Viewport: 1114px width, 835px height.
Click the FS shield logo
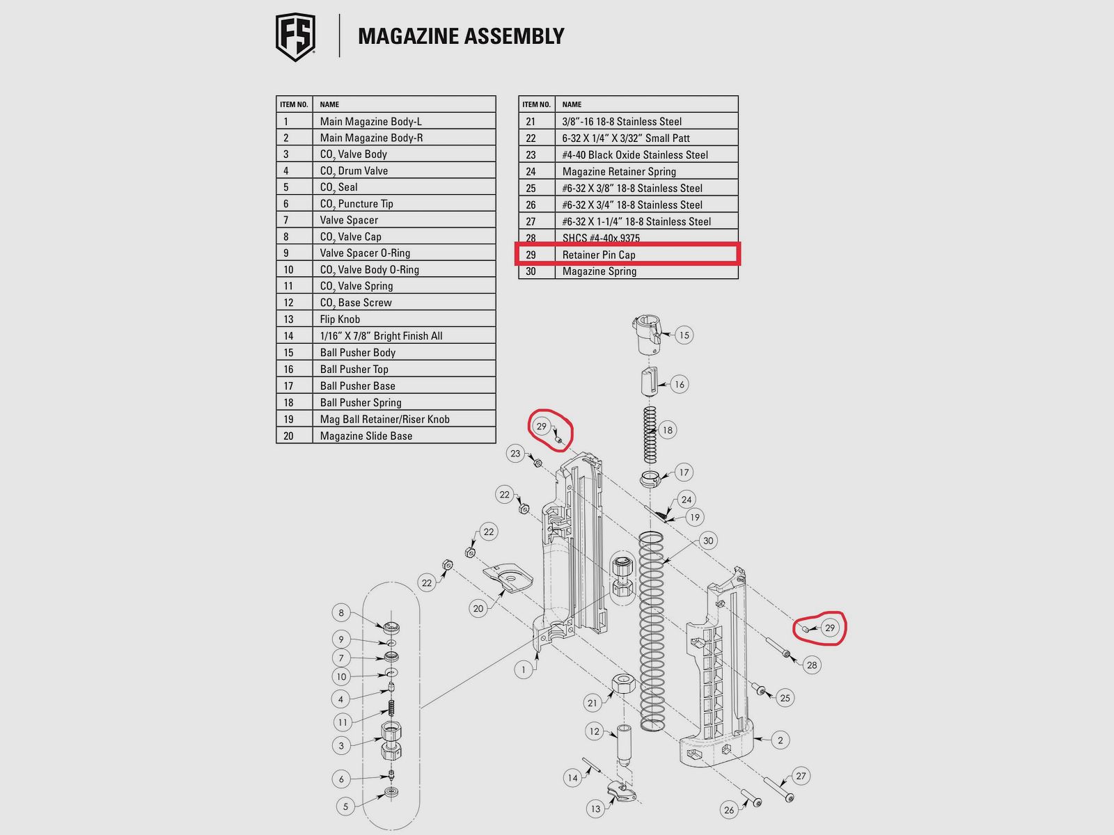(295, 37)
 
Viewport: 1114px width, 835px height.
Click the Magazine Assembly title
(461, 36)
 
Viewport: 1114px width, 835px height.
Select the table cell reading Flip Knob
(340, 319)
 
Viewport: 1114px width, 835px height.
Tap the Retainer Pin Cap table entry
(598, 255)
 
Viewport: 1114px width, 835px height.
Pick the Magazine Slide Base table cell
(366, 436)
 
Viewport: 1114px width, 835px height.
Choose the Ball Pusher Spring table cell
(361, 402)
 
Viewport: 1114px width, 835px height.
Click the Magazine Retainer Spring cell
(619, 171)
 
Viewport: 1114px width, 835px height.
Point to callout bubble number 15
(684, 335)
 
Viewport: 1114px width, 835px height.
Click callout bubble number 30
(708, 541)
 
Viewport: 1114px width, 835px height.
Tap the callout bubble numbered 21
(593, 703)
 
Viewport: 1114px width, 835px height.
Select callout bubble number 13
(595, 809)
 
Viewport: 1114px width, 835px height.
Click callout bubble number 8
(341, 612)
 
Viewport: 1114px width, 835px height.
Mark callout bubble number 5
(345, 806)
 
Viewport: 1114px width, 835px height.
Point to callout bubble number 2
(780, 740)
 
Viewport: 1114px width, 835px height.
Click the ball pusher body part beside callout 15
(647, 335)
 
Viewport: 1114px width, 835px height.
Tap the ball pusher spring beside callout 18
(650, 434)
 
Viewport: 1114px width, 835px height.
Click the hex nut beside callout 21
(623, 684)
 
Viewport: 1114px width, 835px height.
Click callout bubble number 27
(801, 776)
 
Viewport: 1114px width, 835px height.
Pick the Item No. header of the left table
(294, 104)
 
